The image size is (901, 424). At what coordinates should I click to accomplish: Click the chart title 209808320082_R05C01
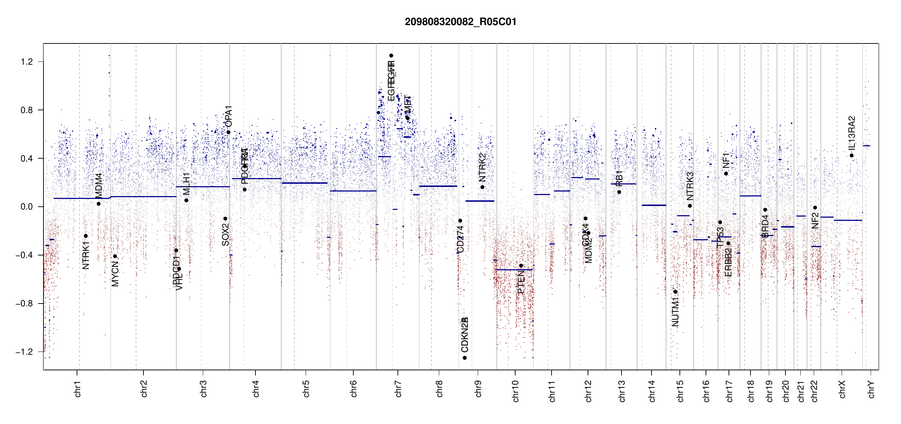pyautogui.click(x=460, y=22)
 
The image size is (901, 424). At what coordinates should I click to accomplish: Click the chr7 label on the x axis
pyautogui.click(x=398, y=389)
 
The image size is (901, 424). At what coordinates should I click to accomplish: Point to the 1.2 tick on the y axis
pyautogui.click(x=27, y=62)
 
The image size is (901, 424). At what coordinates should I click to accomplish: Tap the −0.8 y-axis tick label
pyautogui.click(x=24, y=304)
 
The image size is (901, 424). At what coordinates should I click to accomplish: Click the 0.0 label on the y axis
pyautogui.click(x=27, y=207)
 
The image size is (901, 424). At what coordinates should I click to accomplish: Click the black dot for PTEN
pyautogui.click(x=521, y=266)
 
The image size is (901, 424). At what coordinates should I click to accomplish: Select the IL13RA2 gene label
pyautogui.click(x=852, y=132)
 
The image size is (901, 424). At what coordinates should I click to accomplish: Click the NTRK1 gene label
pyautogui.click(x=86, y=255)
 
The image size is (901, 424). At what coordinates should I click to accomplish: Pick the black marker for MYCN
pyautogui.click(x=115, y=256)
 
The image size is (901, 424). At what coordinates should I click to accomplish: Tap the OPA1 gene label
pyautogui.click(x=229, y=116)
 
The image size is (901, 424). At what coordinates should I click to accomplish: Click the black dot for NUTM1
pyautogui.click(x=675, y=292)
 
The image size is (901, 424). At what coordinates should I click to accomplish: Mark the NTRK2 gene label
pyautogui.click(x=482, y=167)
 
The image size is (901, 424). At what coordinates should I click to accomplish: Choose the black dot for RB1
pyautogui.click(x=619, y=192)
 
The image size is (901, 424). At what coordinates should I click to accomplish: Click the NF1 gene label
pyautogui.click(x=726, y=160)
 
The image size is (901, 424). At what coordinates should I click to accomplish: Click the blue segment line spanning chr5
pyautogui.click(x=305, y=183)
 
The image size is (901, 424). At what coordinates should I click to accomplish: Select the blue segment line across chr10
pyautogui.click(x=514, y=270)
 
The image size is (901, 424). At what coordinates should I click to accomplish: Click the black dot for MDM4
pyautogui.click(x=99, y=204)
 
